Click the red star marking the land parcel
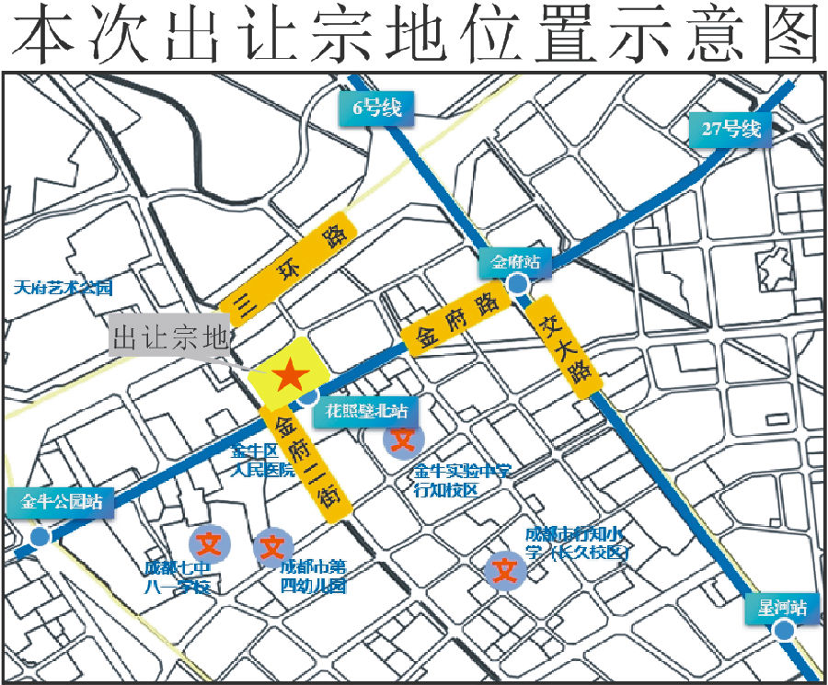289,374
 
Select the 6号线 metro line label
377,108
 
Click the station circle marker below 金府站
520,284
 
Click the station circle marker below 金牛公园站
40,537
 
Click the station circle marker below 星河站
783,630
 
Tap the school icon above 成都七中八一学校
209,541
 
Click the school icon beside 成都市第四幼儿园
272,548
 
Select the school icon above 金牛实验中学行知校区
402,439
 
